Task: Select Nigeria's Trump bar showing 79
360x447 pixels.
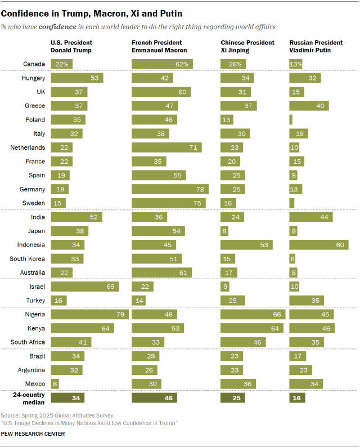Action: pos(90,315)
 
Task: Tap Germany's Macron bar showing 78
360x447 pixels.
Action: pos(170,189)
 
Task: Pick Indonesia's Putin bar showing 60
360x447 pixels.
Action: pos(319,244)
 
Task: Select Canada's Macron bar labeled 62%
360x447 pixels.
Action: pos(162,64)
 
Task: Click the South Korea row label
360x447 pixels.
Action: pos(27,258)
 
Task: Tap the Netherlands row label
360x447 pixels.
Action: pos(28,147)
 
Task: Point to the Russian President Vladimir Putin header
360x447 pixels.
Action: pos(316,46)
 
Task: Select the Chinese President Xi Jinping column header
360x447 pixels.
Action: pos(247,46)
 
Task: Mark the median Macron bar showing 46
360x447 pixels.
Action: pos(154,398)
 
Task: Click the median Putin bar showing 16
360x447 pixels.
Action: pos(297,398)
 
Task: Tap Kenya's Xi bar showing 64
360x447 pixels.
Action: pos(251,328)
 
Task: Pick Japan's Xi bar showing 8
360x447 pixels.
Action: pos(224,231)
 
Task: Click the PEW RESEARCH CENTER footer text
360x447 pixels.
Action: pos(33,434)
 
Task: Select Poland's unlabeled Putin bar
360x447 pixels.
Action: pos(291,119)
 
